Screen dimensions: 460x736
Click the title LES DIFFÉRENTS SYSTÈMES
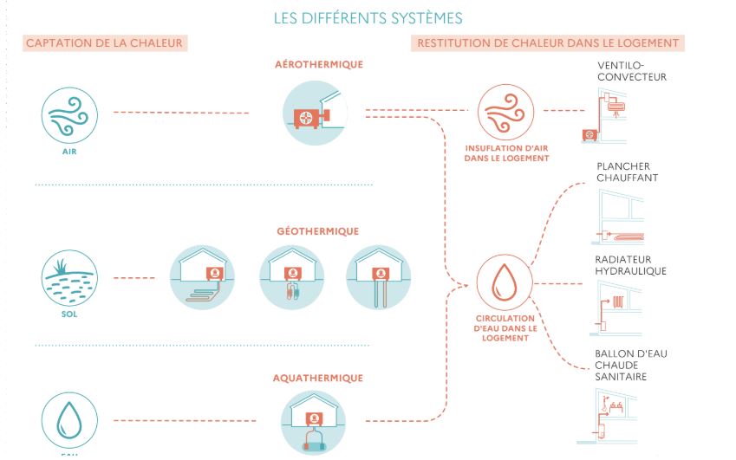pyautogui.click(x=368, y=17)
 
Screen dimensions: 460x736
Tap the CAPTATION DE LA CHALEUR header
pyautogui.click(x=107, y=43)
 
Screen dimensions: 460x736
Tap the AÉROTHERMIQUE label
pyautogui.click(x=318, y=65)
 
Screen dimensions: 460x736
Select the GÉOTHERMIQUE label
pyautogui.click(x=318, y=231)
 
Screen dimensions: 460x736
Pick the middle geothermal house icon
pyautogui.click(x=292, y=277)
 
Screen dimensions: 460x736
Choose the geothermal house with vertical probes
pyautogui.click(x=378, y=277)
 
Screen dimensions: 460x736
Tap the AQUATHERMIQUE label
pyautogui.click(x=318, y=379)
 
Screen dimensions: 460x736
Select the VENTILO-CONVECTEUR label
pyautogui.click(x=632, y=71)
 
